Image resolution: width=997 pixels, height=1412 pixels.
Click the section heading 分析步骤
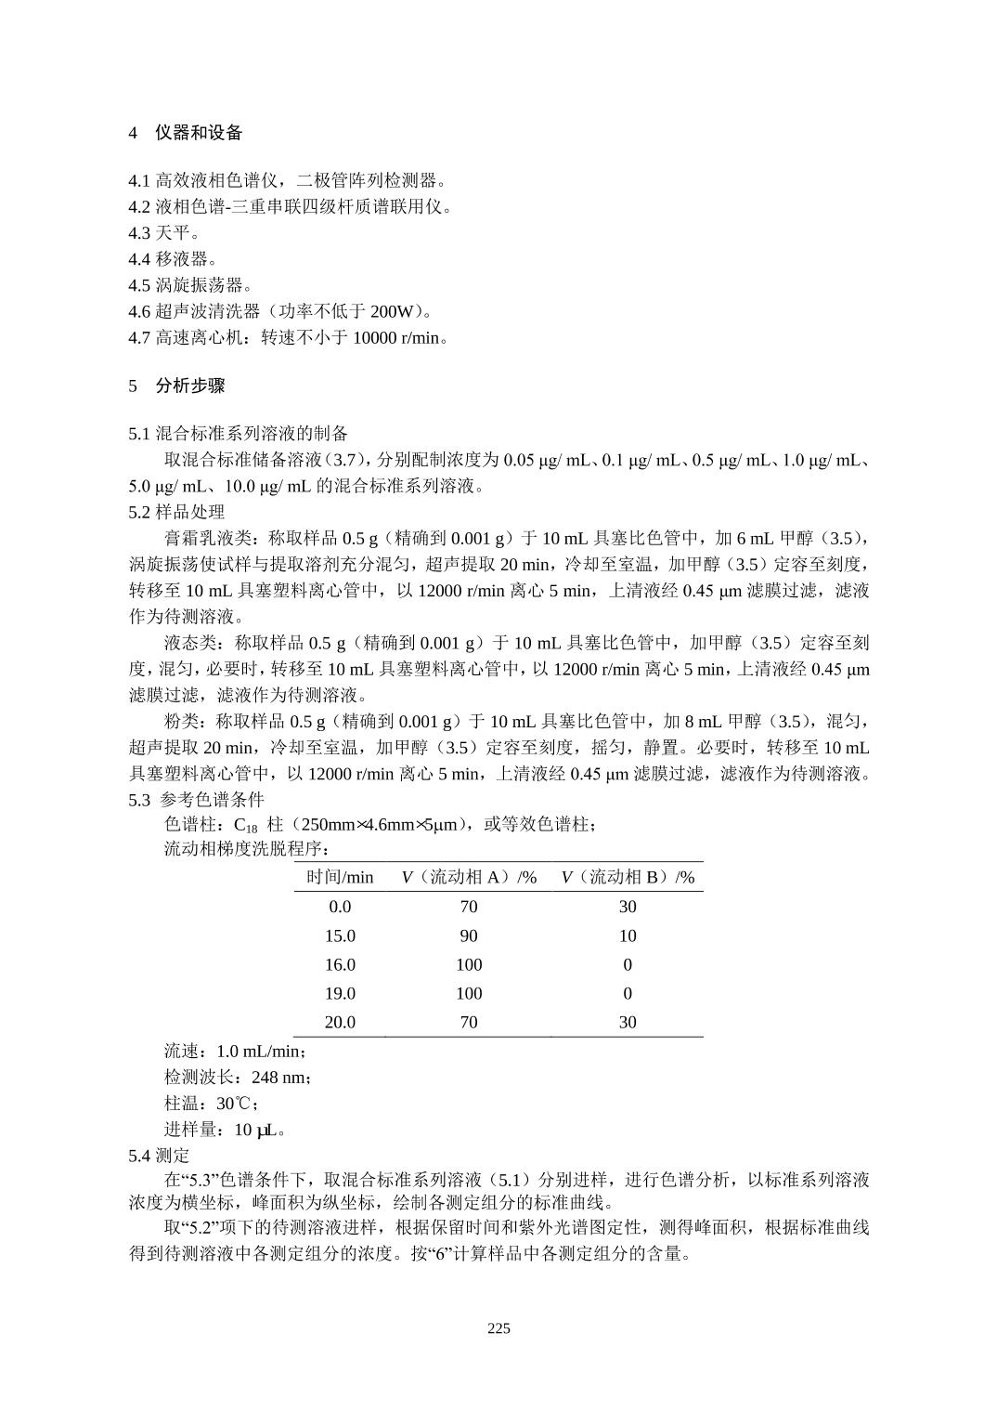click(x=189, y=386)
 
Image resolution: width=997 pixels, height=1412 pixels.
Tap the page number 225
click(x=498, y=1327)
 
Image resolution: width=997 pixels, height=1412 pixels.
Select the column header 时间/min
click(x=340, y=877)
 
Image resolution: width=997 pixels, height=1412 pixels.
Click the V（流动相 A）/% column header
click(x=469, y=877)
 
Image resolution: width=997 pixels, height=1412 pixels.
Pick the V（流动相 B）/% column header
click(x=628, y=877)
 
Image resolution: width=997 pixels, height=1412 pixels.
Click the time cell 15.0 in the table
click(x=340, y=935)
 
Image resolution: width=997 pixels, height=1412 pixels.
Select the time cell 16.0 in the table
click(x=340, y=964)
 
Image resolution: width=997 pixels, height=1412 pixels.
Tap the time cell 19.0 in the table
click(x=340, y=993)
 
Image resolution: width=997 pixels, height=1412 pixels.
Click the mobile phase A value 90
click(x=469, y=935)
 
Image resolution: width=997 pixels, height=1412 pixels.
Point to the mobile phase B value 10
click(x=628, y=935)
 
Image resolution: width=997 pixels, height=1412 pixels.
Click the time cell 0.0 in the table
click(x=340, y=907)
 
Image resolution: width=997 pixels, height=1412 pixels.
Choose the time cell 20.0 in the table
click(x=340, y=1022)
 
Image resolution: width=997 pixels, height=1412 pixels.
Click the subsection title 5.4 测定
click(x=159, y=1155)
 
